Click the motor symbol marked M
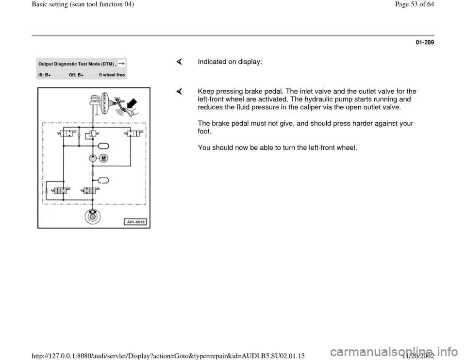click(x=104, y=158)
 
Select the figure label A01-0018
click(x=136, y=222)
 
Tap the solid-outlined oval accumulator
click(x=103, y=145)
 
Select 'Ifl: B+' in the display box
click(x=45, y=75)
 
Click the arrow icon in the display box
click(x=121, y=64)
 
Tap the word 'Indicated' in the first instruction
click(x=211, y=62)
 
